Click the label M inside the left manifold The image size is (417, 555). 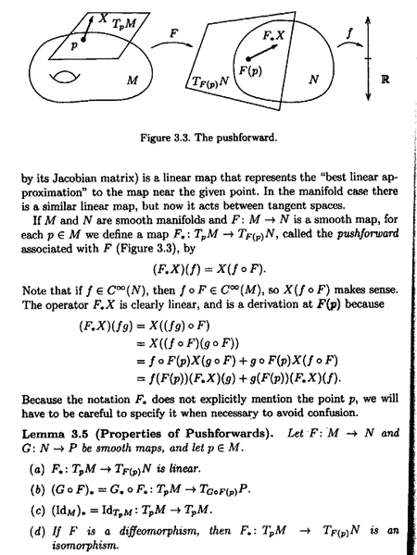click(133, 80)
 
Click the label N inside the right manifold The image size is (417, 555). click(313, 81)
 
